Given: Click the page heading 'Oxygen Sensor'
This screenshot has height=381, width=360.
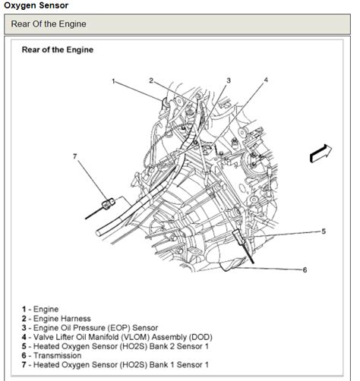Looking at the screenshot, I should click(36, 5).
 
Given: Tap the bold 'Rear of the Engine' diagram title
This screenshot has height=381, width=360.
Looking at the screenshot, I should click(58, 50).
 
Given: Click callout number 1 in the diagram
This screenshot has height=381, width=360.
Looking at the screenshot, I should click(112, 81).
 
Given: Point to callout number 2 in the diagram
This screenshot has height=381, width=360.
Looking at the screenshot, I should click(151, 80).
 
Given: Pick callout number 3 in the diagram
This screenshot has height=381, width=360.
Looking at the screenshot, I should click(229, 80).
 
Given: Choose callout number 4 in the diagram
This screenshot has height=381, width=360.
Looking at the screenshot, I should click(266, 80).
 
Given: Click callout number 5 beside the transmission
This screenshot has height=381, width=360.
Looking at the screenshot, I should click(323, 231).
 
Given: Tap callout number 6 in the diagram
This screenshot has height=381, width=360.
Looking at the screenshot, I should click(305, 269).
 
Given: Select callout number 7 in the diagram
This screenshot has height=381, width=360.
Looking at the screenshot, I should click(75, 156).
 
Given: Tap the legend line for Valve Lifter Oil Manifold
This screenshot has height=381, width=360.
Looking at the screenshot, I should click(106, 337).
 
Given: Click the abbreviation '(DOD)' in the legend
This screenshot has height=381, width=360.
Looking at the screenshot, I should click(199, 337).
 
